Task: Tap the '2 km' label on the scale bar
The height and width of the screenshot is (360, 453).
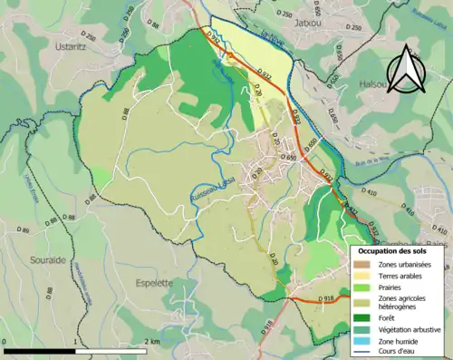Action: click(151, 342)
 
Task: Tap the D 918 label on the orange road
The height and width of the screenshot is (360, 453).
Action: click(328, 297)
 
